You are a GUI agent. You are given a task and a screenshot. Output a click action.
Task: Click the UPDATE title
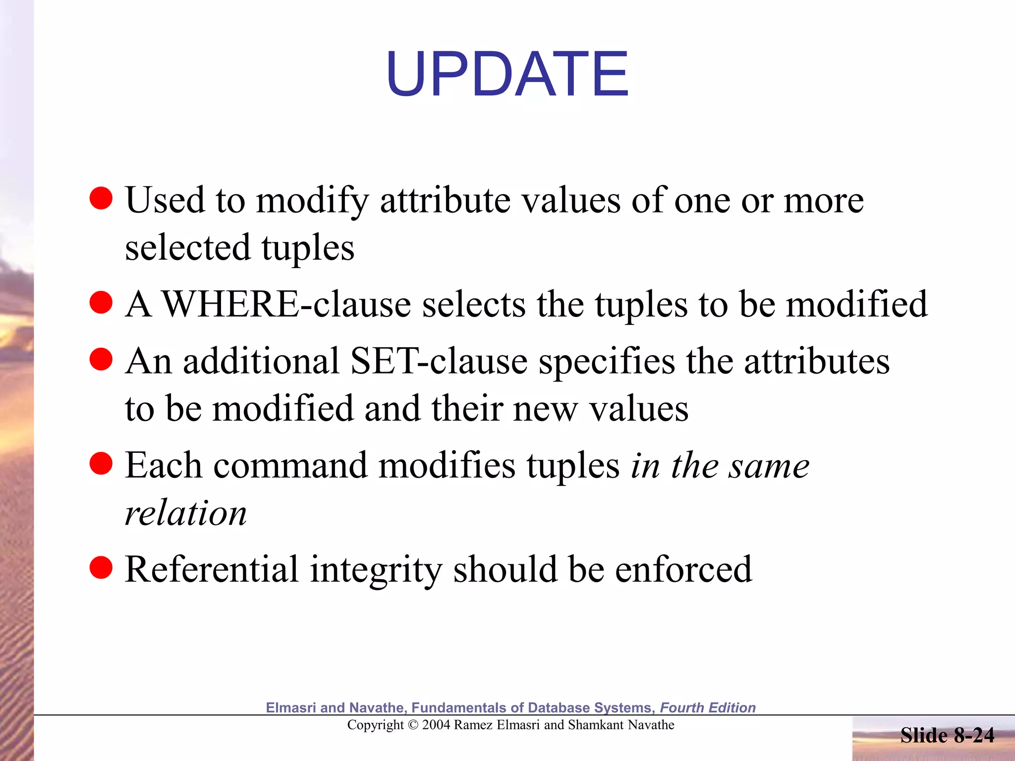[507, 74]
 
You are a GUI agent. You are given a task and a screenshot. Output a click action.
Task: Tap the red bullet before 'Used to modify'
[101, 198]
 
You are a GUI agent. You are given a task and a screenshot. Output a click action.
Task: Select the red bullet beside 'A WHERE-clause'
[101, 302]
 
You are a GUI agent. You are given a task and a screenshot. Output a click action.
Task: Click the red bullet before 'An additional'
[101, 359]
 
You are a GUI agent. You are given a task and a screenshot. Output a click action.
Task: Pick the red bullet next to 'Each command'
[101, 464]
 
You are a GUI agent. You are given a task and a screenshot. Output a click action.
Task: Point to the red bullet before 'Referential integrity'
[101, 568]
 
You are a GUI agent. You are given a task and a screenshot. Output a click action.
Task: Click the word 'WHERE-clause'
[286, 304]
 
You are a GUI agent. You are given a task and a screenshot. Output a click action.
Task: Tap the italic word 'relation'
[185, 513]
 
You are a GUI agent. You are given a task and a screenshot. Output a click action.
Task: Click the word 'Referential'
[212, 570]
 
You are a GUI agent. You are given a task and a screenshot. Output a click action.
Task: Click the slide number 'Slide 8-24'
[947, 735]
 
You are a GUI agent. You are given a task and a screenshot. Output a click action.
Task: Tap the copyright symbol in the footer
[413, 725]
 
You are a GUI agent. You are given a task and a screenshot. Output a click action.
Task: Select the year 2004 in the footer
[436, 725]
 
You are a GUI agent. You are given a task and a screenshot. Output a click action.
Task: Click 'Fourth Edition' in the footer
[708, 707]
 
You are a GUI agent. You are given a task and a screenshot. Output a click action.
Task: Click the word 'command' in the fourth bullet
[290, 466]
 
